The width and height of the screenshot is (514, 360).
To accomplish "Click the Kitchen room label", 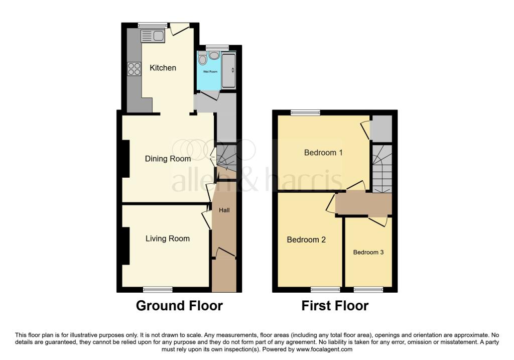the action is tap(163, 68).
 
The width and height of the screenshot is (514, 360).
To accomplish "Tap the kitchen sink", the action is tap(153, 36).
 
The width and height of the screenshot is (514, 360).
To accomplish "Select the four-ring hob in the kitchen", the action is tap(135, 69).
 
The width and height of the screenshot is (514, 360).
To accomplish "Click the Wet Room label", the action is tap(210, 71).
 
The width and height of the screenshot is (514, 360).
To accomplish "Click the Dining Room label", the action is tap(168, 159).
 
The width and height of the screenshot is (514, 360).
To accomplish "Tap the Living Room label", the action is tap(168, 238).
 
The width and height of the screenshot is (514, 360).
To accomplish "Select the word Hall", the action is tap(224, 210).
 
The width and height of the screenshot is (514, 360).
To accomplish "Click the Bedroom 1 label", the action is tap(323, 153).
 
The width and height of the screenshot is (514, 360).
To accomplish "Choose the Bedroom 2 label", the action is tap(306, 239).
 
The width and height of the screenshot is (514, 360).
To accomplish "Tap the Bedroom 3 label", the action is tap(368, 252).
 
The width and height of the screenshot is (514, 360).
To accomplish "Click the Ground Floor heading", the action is tap(179, 306).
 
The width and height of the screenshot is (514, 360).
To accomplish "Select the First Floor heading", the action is tap(335, 306).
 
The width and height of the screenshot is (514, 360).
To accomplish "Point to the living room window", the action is tap(158, 290).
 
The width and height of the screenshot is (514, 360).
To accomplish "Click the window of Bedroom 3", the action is tap(368, 290).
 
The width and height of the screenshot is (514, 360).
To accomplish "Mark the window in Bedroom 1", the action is tap(306, 112).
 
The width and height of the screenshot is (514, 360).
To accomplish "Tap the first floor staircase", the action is tap(382, 169).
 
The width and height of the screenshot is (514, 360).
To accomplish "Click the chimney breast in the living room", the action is tap(125, 246).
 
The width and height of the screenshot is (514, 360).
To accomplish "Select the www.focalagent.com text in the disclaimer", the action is tap(324, 349).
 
